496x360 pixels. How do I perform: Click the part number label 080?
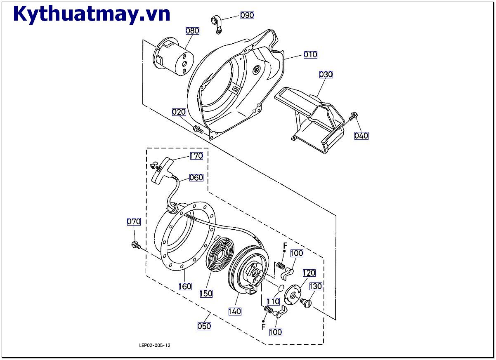192,31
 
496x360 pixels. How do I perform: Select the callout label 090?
247,15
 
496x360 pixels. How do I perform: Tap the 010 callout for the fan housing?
310,54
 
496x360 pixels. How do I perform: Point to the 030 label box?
326,75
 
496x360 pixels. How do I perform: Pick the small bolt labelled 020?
198,129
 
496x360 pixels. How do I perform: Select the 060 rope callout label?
196,177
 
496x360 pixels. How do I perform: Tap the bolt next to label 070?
135,245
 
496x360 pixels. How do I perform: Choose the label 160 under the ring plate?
185,286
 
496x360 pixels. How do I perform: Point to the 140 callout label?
235,312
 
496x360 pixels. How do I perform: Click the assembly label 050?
204,326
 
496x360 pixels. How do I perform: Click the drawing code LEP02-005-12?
155,345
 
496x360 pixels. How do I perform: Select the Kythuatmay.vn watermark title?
92,14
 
